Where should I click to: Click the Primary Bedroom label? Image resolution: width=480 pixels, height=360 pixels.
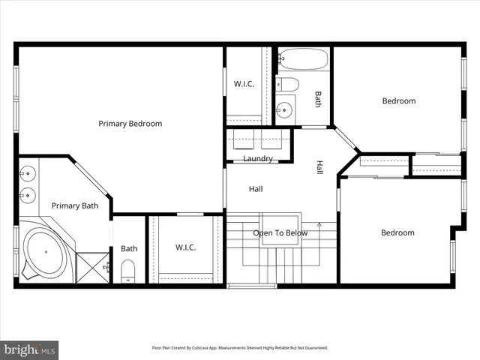pos(130,124)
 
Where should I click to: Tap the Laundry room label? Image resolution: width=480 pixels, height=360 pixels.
pos(257,159)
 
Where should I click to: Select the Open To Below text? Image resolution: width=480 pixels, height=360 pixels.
pos(280,233)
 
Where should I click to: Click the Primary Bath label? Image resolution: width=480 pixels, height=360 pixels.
pos(74,205)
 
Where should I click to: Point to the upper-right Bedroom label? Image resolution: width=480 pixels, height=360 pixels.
pos(398,101)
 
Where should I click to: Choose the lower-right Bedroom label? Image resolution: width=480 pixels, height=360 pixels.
pos(397,232)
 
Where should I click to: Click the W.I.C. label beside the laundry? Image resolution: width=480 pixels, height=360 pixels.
pos(243,84)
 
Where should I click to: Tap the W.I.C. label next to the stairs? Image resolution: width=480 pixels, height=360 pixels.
pos(186,247)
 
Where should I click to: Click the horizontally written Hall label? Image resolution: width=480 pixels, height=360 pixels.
pos(256,189)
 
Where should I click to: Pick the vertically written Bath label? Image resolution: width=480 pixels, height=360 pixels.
pos(317,99)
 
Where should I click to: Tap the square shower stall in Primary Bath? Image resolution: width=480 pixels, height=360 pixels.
pos(93,266)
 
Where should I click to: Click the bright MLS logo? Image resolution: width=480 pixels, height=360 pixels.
pos(29,349)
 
